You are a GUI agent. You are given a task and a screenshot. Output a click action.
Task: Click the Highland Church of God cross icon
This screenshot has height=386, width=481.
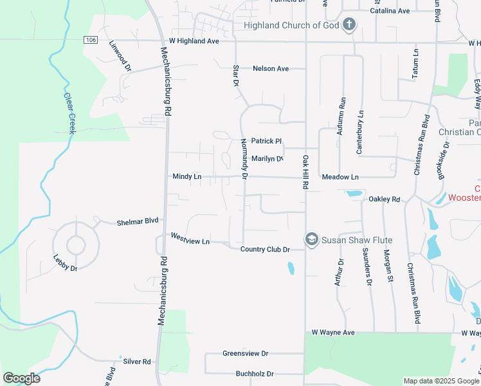349,25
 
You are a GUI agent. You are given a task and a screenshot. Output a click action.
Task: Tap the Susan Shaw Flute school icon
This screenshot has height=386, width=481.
312,240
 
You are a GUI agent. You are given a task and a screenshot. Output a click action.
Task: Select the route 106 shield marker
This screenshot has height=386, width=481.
91,40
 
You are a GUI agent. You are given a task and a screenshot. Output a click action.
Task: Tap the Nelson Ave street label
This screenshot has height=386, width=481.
271,68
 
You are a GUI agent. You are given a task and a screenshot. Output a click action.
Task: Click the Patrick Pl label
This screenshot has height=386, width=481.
266,141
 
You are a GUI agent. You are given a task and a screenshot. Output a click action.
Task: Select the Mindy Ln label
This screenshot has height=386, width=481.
187,176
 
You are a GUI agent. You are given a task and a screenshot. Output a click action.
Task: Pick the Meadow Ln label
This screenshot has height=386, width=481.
340,177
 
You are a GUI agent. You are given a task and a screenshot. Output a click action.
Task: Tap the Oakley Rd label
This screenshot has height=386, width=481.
385,199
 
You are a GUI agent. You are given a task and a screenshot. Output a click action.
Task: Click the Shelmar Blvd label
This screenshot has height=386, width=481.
138,221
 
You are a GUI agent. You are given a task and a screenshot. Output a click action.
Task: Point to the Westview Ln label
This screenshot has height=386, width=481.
190,239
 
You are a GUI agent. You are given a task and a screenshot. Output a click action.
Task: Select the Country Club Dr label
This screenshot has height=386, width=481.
265,249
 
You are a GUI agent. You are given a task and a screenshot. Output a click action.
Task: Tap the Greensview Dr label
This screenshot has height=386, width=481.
245,353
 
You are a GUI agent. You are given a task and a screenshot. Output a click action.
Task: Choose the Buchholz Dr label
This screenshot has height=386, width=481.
255,373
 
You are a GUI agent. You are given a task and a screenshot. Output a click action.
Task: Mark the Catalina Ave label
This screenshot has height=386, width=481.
390,11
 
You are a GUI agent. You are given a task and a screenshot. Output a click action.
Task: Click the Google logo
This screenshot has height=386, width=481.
21,378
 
